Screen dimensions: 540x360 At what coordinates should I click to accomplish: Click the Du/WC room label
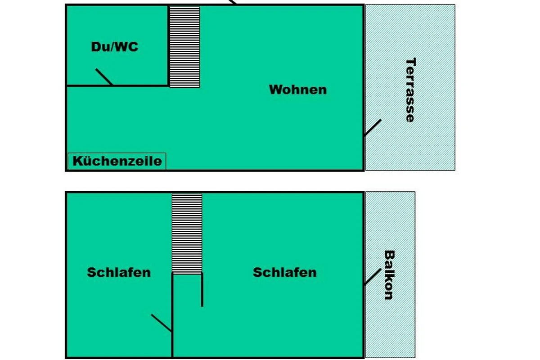pyautogui.click(x=115, y=47)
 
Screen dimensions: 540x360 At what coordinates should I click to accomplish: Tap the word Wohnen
pyautogui.click(x=298, y=90)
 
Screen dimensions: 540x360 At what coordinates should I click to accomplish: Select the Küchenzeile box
pyautogui.click(x=117, y=161)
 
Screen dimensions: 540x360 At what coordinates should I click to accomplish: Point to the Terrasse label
pyautogui.click(x=411, y=90)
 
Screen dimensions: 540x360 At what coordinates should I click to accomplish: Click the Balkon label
pyautogui.click(x=389, y=275)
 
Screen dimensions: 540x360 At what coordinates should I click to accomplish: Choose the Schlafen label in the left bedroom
pyautogui.click(x=119, y=272)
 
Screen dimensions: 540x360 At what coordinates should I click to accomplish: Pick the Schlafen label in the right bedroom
pyautogui.click(x=285, y=272)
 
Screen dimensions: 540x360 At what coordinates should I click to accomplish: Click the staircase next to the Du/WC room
pyautogui.click(x=184, y=47)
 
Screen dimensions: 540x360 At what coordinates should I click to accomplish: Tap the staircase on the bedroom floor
pyautogui.click(x=187, y=234)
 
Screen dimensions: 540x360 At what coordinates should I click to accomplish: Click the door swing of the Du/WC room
pyautogui.click(x=104, y=76)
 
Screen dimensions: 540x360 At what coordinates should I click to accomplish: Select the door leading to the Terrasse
pyautogui.click(x=373, y=127)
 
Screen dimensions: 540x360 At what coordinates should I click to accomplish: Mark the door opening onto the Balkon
pyautogui.click(x=373, y=277)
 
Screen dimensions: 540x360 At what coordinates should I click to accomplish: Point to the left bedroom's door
pyautogui.click(x=161, y=323)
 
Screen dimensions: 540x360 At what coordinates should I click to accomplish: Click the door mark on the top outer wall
pyautogui.click(x=232, y=2)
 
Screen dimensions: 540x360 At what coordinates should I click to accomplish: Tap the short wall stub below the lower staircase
pyautogui.click(x=202, y=290)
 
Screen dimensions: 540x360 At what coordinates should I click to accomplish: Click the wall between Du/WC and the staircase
pyautogui.click(x=168, y=45)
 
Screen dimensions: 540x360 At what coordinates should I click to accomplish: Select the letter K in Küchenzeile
pyautogui.click(x=77, y=161)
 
